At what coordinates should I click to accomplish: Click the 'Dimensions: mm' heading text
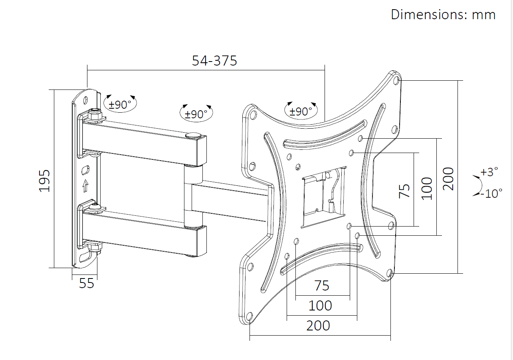coord(443,14)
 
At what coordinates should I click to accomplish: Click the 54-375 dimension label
coord(214,61)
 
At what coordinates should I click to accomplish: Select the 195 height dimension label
coord(44,181)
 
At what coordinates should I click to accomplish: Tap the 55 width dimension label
coord(87,283)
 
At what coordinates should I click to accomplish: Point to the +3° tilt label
coord(489,171)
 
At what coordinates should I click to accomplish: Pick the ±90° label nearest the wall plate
coord(120,105)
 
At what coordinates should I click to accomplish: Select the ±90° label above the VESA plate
coord(301,111)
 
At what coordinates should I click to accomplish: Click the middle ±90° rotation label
coord(196,114)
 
